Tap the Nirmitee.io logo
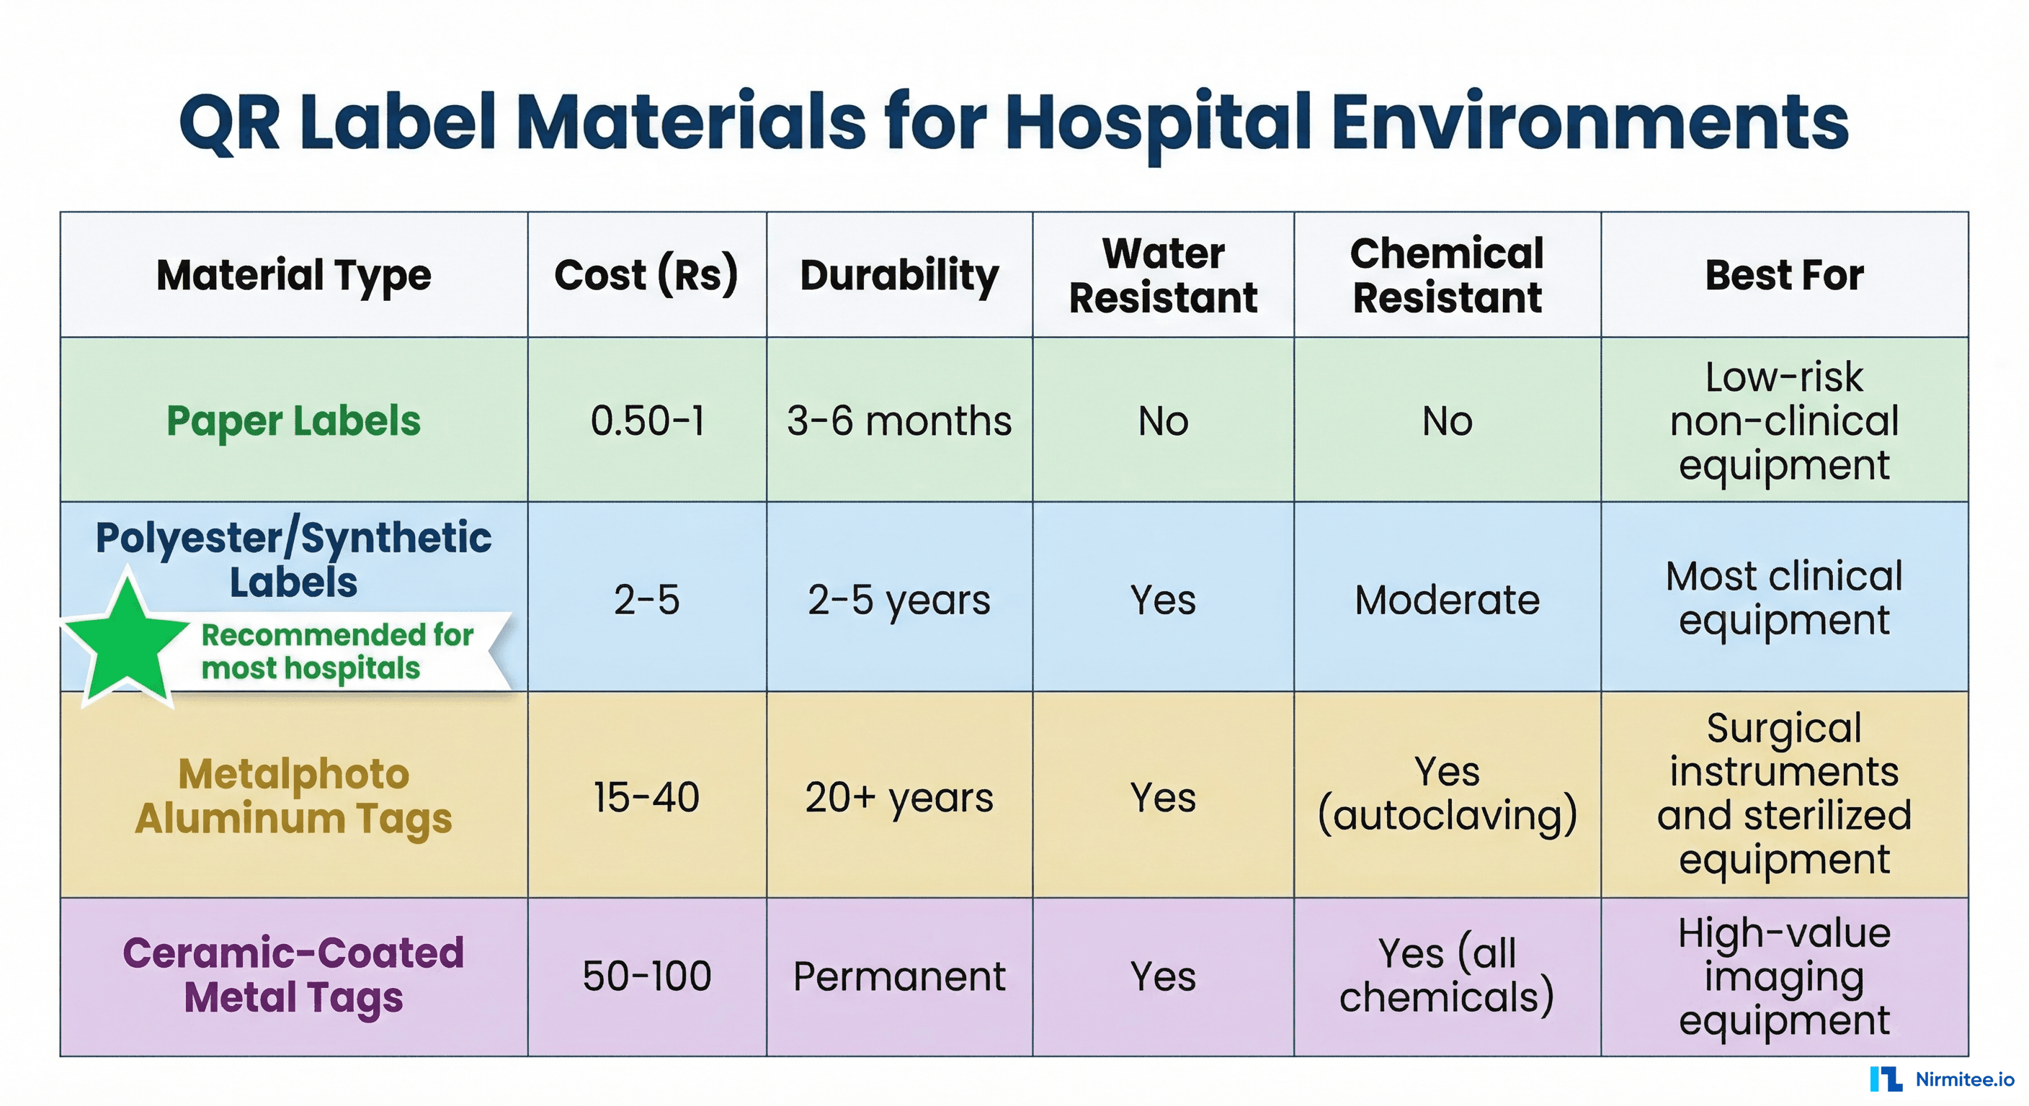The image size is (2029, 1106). tap(1941, 1079)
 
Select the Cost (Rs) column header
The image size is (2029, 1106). tap(646, 275)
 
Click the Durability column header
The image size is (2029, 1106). tap(898, 275)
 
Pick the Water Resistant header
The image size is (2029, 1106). tap(1163, 275)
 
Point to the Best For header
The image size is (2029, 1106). tap(1784, 275)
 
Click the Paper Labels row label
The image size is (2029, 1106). tap(293, 421)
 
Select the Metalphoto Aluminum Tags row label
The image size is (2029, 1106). tap(293, 796)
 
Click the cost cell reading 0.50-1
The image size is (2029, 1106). tap(646, 421)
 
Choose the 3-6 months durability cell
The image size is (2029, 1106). tap(898, 421)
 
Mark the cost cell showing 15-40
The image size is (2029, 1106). tap(646, 796)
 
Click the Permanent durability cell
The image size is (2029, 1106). tap(898, 976)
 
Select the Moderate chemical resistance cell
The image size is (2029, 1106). tap(1447, 600)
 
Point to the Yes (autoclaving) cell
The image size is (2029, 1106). tap(1447, 793)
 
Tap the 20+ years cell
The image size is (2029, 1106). tap(898, 796)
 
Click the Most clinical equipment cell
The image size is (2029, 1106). tap(1784, 598)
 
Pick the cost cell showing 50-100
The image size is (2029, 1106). tap(646, 976)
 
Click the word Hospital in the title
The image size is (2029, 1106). tap(1158, 125)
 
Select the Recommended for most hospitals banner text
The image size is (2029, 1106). tap(337, 651)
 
